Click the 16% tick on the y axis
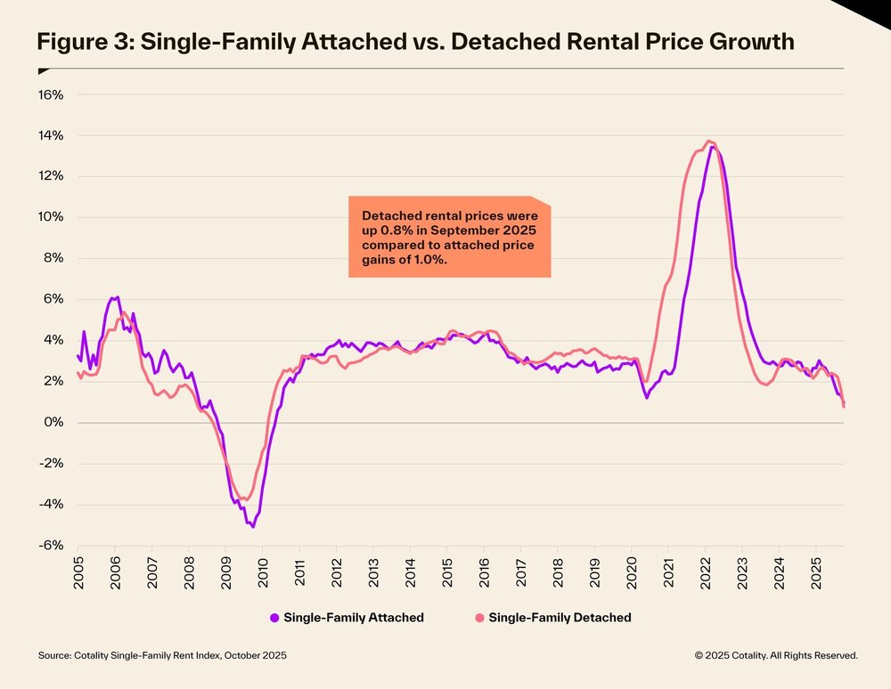coord(49,94)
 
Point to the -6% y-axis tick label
coord(49,545)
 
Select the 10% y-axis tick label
coord(49,217)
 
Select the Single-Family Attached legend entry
coord(353,618)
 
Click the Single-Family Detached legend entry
coord(560,618)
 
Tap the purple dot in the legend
coord(274,618)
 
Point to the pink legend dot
coord(479,618)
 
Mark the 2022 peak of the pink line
coord(708,141)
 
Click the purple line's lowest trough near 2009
coord(253,526)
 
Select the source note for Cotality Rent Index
coord(163,655)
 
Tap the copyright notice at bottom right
coord(776,655)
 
